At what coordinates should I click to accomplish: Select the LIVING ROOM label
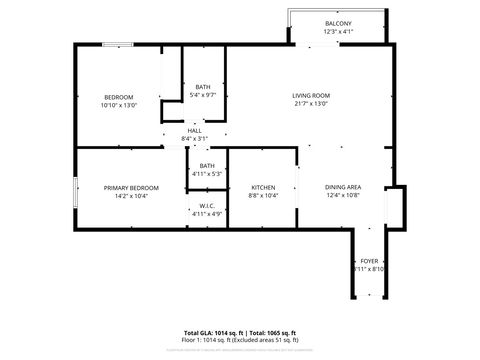[311, 95]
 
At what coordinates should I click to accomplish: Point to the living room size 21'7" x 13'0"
[311, 103]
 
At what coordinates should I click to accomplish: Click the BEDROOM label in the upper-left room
[119, 96]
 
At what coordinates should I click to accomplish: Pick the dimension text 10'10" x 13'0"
[119, 104]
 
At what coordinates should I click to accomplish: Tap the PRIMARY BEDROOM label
[132, 187]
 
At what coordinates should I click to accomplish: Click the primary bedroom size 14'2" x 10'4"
[132, 195]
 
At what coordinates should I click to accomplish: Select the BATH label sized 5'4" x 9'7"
[203, 87]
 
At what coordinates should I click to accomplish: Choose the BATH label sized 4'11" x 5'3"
[207, 166]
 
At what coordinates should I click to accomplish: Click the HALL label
[194, 129]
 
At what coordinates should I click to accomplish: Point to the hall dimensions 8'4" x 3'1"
[194, 137]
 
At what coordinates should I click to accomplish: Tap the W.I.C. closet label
[207, 206]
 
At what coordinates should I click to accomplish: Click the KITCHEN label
[263, 187]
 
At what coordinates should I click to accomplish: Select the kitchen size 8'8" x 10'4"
[263, 195]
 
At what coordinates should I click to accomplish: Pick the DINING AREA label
[343, 187]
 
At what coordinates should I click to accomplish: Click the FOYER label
[370, 260]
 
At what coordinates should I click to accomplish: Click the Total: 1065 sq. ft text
[272, 331]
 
